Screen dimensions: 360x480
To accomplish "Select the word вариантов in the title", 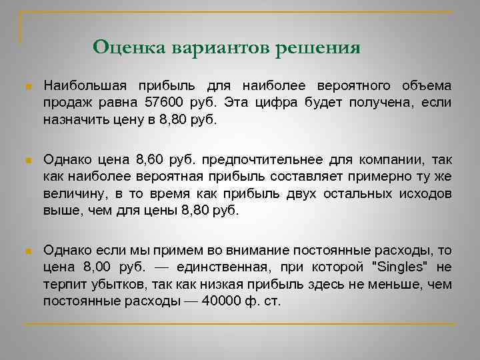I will coord(220,48).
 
